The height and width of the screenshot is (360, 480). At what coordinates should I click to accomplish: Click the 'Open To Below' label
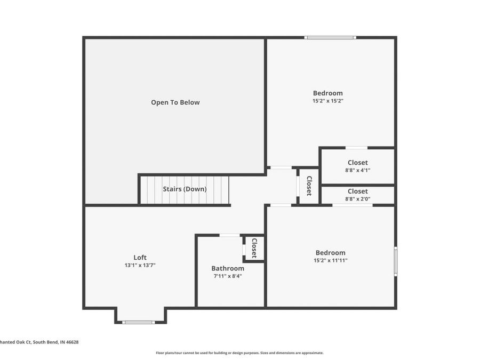tap(175, 102)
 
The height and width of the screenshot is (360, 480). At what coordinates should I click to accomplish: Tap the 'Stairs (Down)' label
tap(185, 189)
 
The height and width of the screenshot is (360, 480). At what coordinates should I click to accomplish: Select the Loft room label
tap(140, 258)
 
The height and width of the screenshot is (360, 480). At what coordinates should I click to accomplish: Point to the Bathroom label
tap(228, 268)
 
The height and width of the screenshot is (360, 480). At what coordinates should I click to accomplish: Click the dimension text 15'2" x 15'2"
tap(327, 100)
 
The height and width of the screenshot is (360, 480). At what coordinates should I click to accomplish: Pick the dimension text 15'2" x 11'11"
tap(330, 260)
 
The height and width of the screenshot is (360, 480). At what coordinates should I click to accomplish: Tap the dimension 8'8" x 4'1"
tap(357, 170)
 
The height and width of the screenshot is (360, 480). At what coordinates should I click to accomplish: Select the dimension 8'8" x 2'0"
tap(357, 199)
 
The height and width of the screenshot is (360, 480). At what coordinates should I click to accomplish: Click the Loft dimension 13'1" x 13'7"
tap(140, 265)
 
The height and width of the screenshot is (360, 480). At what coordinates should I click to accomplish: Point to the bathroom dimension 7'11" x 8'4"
tap(228, 276)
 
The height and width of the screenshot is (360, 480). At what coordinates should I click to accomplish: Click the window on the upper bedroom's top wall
tap(330, 37)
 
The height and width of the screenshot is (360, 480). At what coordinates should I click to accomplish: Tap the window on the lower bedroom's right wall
tap(395, 261)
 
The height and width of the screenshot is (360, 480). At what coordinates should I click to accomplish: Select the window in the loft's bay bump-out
tap(139, 322)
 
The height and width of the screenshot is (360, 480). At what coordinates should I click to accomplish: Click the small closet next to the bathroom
tap(254, 248)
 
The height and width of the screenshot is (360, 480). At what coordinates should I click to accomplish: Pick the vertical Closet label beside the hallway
tap(308, 186)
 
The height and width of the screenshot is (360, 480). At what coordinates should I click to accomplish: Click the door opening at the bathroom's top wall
tap(230, 235)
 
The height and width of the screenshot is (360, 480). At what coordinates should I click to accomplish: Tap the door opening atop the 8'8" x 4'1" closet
tap(356, 148)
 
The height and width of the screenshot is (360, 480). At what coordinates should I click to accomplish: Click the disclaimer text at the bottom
tap(239, 353)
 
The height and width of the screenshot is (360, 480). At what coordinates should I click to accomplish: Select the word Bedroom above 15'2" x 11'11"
tap(330, 253)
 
